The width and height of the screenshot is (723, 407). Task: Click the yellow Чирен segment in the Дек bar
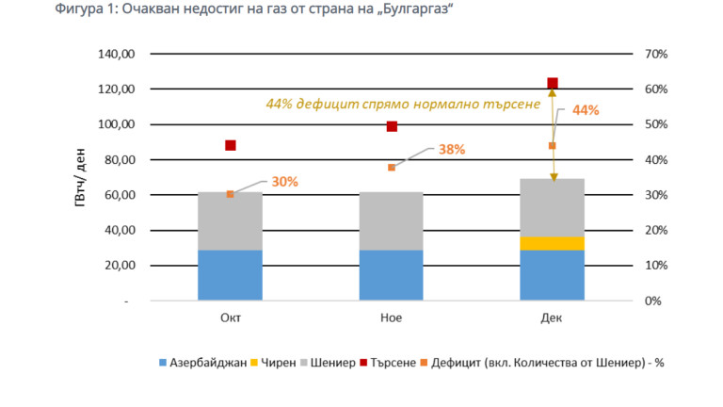coord(552,243)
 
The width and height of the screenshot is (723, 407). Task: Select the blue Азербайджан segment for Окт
coord(230,275)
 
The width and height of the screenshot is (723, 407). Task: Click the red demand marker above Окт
coord(230,145)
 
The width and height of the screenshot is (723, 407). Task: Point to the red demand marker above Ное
coord(392,126)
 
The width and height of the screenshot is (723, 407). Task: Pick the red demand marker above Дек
coord(553,84)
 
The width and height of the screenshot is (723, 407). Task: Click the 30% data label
coord(284,182)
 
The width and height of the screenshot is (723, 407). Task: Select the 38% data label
coord(452,149)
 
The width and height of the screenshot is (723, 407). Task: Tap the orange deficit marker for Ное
coord(392,168)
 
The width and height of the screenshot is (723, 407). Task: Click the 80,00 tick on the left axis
coord(120,160)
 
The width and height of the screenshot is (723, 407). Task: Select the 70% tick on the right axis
coord(655,55)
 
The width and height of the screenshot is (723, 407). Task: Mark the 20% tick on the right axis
coord(655,231)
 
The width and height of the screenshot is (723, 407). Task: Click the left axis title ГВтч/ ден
coord(83,177)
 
